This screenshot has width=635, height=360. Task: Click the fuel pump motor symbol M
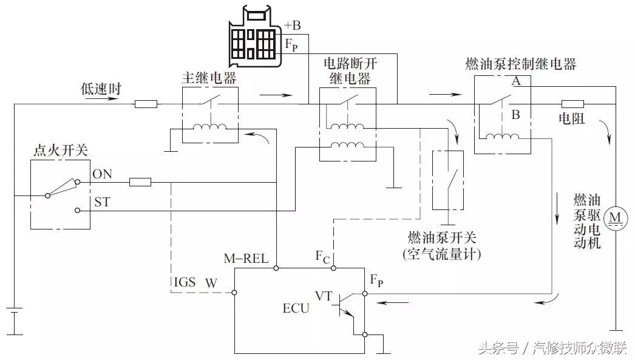617,217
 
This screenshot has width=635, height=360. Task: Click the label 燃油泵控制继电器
520,64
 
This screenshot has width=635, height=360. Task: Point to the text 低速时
101,89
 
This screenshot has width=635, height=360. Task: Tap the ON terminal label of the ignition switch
102,174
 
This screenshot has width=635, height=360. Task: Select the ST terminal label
101,202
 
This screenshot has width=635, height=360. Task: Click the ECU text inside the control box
296,308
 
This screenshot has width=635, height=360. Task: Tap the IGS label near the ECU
186,282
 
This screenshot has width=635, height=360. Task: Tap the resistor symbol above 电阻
572,104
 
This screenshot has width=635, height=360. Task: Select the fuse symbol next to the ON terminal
140,182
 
